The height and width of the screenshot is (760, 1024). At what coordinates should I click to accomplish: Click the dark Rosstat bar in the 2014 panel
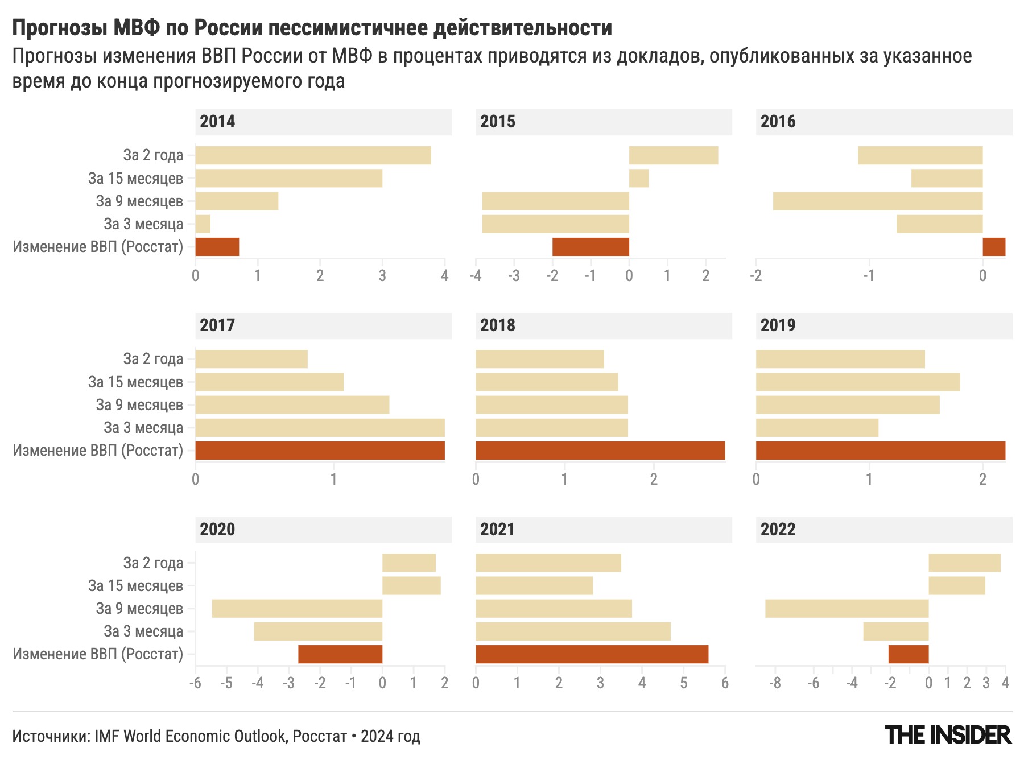coord(217,247)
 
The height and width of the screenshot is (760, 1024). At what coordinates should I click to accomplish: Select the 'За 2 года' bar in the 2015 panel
coord(673,155)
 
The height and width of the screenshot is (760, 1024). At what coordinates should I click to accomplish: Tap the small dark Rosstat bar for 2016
coord(993,247)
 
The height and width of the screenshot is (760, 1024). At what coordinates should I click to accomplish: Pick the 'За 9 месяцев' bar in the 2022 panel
coord(847,609)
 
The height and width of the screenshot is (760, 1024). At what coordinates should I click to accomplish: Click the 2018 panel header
coord(603,325)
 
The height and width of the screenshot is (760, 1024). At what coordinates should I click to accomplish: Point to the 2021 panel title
coord(497,529)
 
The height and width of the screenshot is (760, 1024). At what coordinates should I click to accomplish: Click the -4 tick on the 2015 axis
coord(476,276)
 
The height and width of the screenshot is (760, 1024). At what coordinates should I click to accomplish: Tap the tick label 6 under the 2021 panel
coord(724,683)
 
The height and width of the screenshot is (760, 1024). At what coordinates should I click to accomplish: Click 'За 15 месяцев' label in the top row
coord(135,179)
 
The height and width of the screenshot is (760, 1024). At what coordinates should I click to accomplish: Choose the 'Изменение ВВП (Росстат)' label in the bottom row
coord(98,654)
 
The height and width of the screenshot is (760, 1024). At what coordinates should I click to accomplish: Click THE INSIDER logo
coord(948,735)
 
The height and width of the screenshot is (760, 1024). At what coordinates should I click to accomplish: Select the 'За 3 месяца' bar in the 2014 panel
coord(203,224)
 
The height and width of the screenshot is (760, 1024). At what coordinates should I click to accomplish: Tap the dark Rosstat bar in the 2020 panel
coord(340,654)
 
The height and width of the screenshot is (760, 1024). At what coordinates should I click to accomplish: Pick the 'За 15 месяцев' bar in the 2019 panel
coord(857,382)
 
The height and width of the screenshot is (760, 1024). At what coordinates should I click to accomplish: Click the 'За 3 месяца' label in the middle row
coord(143,428)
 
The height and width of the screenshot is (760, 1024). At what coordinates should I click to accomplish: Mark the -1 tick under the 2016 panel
coord(868,276)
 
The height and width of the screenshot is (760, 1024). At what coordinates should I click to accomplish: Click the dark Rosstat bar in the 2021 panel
coord(592,654)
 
